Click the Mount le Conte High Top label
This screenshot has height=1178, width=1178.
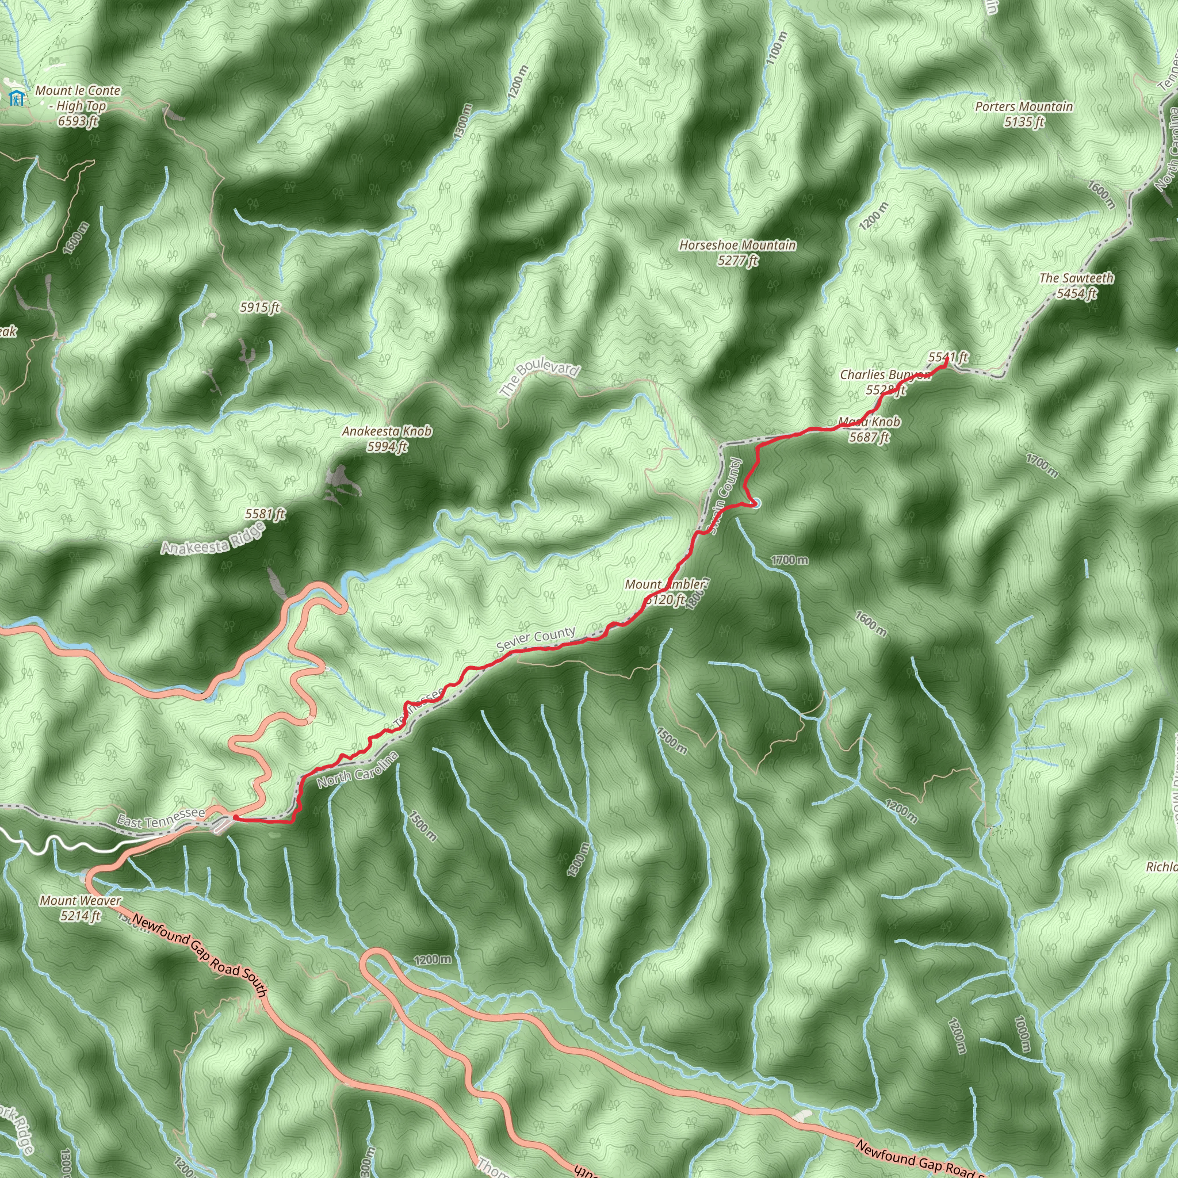coord(78,105)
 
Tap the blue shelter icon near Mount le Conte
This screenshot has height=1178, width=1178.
coord(17,97)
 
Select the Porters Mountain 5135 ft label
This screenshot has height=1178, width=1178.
coord(1024,113)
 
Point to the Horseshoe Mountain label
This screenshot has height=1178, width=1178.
coord(738,252)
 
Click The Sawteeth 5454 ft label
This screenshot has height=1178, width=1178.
coord(1076,285)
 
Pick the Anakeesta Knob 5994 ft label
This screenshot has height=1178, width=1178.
coord(387,438)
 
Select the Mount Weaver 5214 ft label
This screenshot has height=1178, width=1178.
coord(81,907)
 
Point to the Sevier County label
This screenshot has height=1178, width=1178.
coord(536,638)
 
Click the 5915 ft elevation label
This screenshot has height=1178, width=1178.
coord(260,307)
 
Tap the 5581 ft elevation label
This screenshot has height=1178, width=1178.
coord(265,514)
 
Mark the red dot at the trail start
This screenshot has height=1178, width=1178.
coord(235,819)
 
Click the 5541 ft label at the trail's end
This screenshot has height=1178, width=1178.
coord(948,357)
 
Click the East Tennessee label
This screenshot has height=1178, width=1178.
coord(161,817)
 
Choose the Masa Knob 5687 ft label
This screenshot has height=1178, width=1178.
coord(870,429)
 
